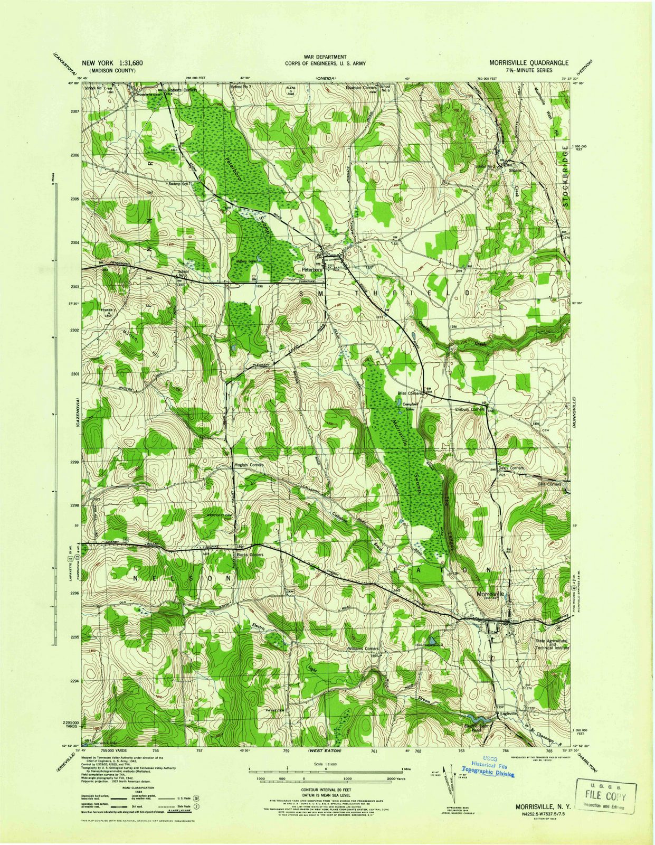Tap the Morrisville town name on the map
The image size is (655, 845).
tap(490, 594)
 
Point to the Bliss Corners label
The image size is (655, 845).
tap(411, 394)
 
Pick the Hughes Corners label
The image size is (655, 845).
tap(248, 465)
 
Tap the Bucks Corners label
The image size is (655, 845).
tap(250, 555)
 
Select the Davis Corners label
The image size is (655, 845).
tap(510, 468)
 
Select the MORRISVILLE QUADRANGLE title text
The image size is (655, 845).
tap(525, 62)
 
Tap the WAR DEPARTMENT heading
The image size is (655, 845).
tap(325, 56)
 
